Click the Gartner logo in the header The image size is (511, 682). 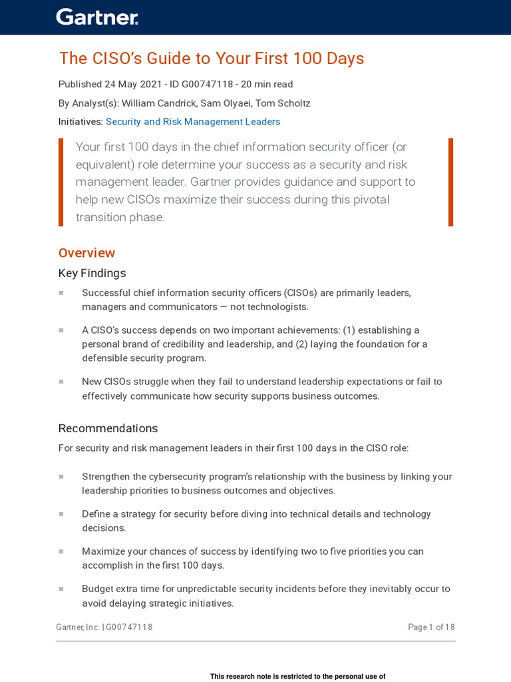click(x=97, y=17)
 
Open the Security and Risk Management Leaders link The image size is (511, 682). click(x=193, y=122)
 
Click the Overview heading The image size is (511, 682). click(x=86, y=253)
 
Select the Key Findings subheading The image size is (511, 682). click(x=92, y=273)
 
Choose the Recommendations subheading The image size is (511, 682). click(x=108, y=428)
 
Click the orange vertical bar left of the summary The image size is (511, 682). click(x=61, y=182)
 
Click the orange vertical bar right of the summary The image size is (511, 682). click(x=450, y=182)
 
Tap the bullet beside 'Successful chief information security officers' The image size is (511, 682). click(x=61, y=293)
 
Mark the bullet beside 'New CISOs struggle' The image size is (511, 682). click(x=61, y=382)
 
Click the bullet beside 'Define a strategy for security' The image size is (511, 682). click(x=61, y=514)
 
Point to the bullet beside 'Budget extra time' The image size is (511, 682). click(x=61, y=589)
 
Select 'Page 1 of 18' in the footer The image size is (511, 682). click(x=431, y=627)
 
